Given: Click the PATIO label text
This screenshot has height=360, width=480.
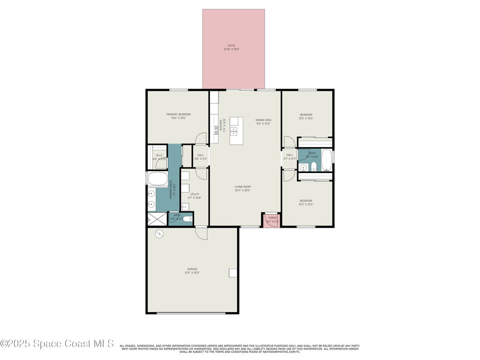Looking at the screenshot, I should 232,46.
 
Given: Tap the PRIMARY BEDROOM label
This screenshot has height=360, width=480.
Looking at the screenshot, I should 179,114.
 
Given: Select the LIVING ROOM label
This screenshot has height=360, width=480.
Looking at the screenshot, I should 243,187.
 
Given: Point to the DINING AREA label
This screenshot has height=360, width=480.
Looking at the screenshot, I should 263,120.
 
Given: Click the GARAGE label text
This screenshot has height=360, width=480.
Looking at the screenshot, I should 192,269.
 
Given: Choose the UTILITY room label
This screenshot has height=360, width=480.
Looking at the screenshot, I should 195,194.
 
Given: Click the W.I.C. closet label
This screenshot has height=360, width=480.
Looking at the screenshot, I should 159,155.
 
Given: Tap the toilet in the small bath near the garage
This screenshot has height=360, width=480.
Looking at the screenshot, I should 187,219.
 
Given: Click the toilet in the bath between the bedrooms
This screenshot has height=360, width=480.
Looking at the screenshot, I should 314,167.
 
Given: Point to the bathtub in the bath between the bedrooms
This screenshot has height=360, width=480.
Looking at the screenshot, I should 326,160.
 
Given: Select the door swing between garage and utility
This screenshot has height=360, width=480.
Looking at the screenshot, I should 202,233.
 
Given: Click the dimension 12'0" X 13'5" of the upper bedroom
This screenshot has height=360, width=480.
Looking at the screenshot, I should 306,119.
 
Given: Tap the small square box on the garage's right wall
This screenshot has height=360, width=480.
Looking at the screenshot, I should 232,273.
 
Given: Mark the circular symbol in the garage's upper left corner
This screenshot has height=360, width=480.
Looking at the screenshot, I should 159,233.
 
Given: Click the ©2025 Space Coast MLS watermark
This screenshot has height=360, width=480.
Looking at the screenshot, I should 57,344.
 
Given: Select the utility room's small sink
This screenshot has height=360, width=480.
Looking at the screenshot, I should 185,207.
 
